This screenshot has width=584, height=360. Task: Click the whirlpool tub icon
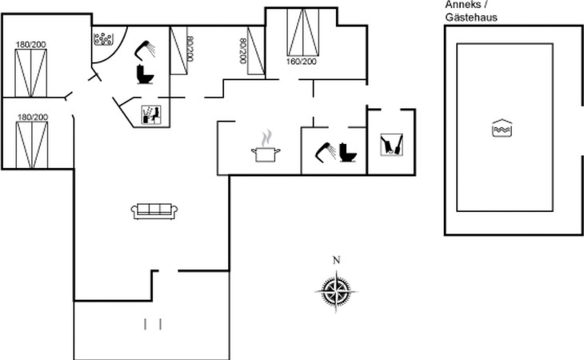pos(103,39)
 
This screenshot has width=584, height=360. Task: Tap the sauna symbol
pos(151,115)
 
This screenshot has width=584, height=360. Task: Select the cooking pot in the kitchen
pos(266,154)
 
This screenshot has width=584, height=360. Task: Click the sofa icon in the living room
pos(154,211)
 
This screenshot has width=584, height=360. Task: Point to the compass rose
pos(336,290)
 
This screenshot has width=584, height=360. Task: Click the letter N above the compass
pos(336,260)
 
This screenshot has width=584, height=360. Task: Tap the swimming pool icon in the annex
pos(502,128)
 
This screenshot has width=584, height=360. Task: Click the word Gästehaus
pos(471,18)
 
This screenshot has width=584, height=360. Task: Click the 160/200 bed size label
pos(302,62)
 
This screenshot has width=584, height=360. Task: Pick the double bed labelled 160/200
pos(303,32)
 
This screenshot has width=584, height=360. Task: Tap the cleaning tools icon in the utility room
pos(391,145)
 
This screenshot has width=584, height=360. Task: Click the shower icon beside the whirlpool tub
pos(145,50)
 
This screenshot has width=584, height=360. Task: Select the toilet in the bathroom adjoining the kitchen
pos(348,152)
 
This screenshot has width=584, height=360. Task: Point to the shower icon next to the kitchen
pos(326,152)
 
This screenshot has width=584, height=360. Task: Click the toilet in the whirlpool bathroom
pos(145,74)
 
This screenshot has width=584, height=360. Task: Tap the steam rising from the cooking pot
pos(266,138)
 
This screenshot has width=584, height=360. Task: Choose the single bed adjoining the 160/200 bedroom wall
pos(256,50)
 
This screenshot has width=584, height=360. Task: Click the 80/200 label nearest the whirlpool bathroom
pos(190,49)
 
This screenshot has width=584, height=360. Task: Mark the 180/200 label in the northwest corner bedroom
pos(30,45)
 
